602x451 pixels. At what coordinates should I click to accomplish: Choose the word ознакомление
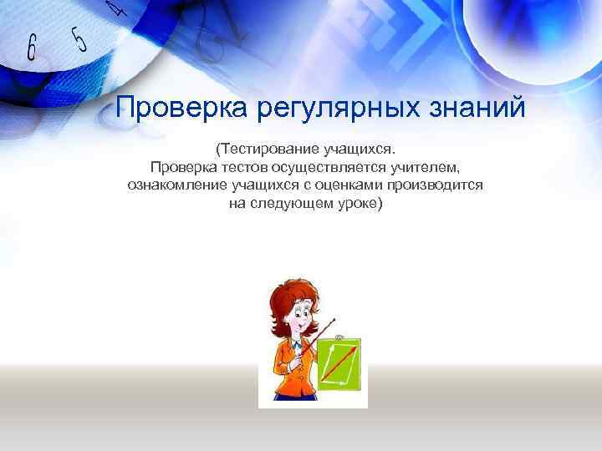pos(178,185)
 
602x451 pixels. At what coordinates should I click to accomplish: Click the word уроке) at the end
pos(357,203)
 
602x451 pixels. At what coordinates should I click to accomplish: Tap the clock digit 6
pos(32,48)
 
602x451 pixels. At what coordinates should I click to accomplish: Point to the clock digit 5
pos(79,38)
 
